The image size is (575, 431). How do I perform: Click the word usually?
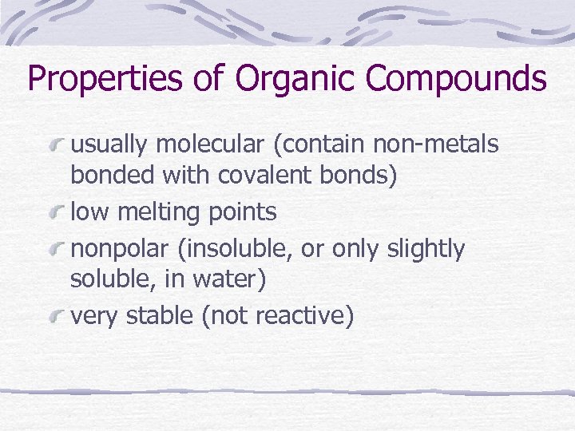click(109, 144)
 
